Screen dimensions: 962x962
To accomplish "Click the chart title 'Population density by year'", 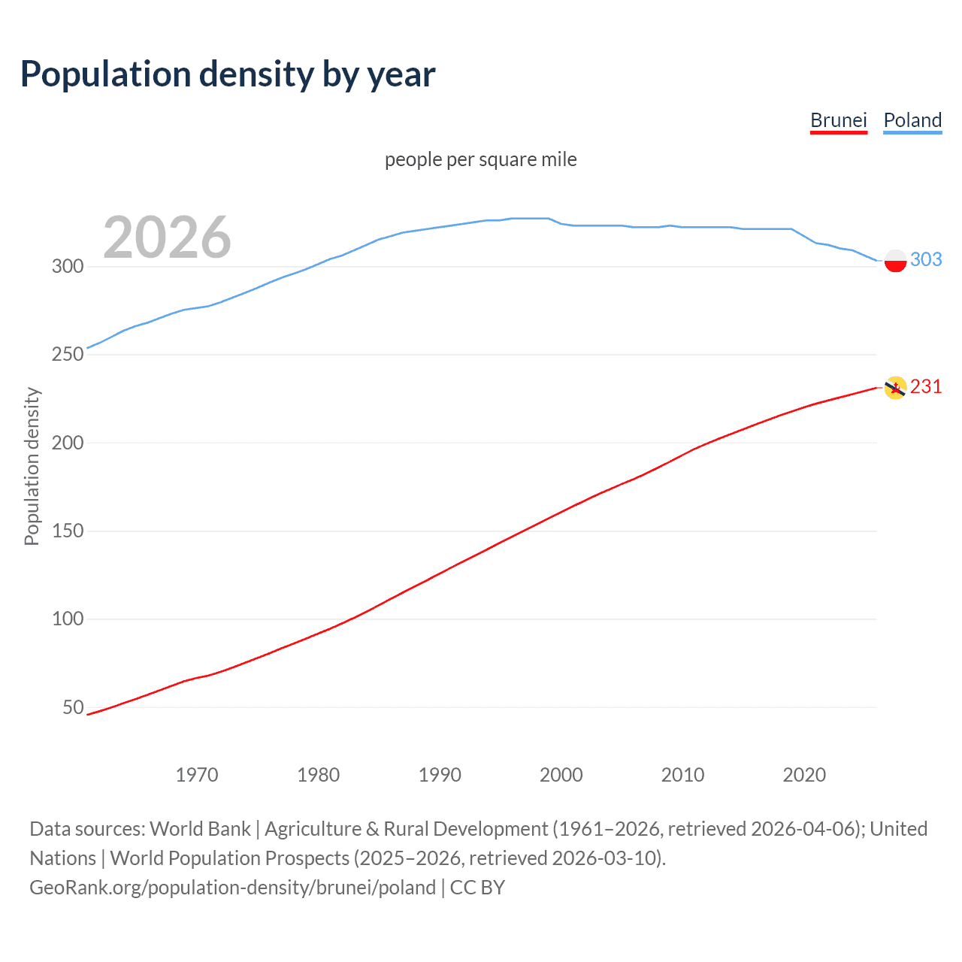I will tap(228, 74).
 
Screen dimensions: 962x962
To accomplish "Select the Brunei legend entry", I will tap(838, 120).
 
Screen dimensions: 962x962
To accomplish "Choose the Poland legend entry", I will tap(912, 120).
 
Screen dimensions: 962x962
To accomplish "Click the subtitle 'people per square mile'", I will tap(480, 160).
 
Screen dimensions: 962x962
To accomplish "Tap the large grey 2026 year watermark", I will tap(167, 237).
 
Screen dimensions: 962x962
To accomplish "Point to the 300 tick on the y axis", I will tap(67, 266).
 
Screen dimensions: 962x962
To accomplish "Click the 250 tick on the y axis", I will tap(67, 354).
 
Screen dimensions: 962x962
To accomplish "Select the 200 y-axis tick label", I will tap(67, 443).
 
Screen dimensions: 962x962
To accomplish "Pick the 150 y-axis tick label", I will tap(67, 531).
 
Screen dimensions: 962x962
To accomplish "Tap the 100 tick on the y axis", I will tap(67, 619).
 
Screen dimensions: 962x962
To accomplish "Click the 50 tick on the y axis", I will tap(73, 707).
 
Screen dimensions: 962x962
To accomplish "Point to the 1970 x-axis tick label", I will tap(197, 775).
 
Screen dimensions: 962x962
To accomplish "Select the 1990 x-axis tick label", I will tap(440, 775).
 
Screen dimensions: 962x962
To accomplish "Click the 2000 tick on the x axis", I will tap(561, 775).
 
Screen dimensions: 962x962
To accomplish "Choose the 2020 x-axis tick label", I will tap(804, 775).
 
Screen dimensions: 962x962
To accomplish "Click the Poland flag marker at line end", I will tap(895, 261).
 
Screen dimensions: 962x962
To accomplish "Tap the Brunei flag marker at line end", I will tap(895, 388).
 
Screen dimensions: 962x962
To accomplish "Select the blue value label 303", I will tap(926, 259).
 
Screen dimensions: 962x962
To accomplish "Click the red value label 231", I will tap(926, 386).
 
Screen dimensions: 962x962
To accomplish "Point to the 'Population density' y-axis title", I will tap(32, 466).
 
